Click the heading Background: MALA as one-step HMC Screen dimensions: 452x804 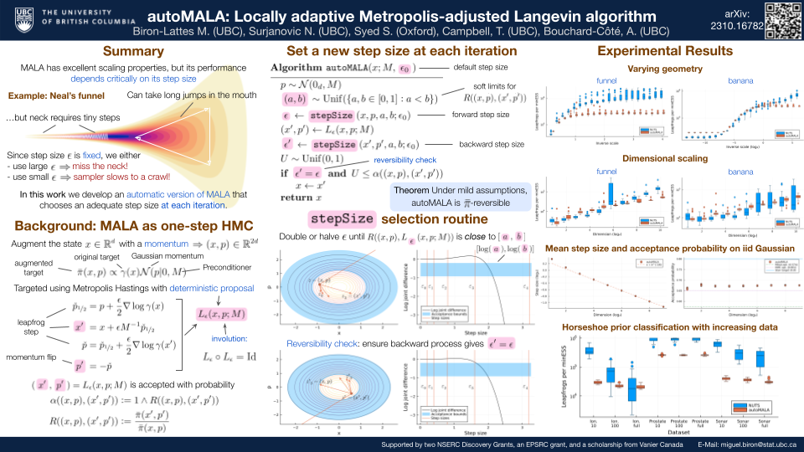112,224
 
